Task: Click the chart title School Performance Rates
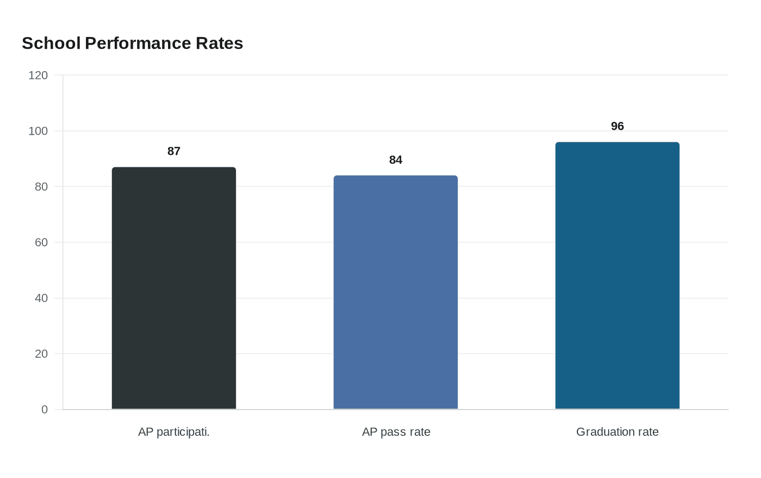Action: coord(132,43)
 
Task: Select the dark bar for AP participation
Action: coord(174,288)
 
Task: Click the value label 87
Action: coord(174,152)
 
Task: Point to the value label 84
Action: coord(396,160)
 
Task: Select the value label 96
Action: coord(617,127)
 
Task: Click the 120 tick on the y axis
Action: coord(38,76)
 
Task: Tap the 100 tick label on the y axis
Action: coord(38,131)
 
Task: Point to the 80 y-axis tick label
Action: coord(41,187)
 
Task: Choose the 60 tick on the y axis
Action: coord(41,243)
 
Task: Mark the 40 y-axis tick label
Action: coord(41,298)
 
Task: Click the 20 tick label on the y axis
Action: coord(41,354)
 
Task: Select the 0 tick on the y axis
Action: coord(45,410)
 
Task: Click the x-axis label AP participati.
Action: coord(174,432)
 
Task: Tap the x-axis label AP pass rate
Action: coord(396,432)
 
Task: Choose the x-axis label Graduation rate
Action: coord(617,432)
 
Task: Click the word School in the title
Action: coord(51,43)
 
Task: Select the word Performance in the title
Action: coord(138,43)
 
